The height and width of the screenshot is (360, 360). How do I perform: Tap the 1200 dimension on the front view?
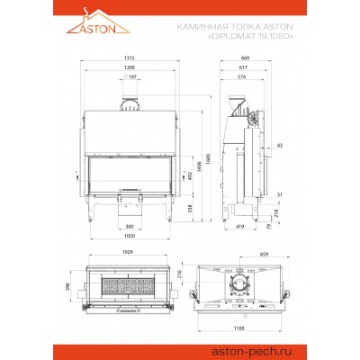(x=132, y=68)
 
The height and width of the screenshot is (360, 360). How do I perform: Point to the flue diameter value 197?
(x=132, y=78)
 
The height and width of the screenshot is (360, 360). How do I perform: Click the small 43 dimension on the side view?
(x=280, y=144)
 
